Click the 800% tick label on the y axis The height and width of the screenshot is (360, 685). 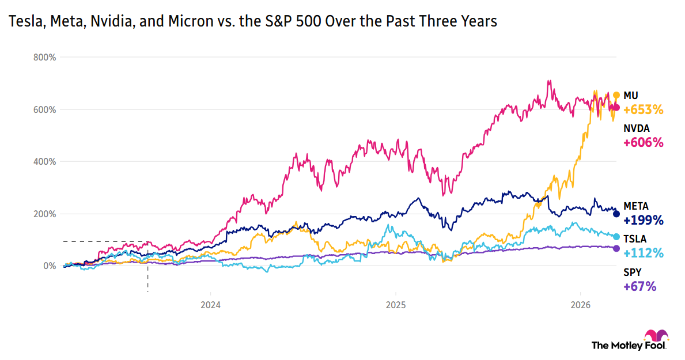click(x=44, y=57)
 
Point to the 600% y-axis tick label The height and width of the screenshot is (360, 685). click(x=44, y=109)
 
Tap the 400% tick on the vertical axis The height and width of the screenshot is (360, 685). click(x=44, y=161)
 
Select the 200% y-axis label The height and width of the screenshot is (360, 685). click(x=44, y=214)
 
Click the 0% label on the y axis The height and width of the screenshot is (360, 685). click(x=49, y=266)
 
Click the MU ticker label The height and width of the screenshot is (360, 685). click(x=631, y=95)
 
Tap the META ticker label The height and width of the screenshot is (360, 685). click(x=636, y=206)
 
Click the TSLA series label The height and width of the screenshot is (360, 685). click(x=634, y=238)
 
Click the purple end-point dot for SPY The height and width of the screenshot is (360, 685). click(x=616, y=248)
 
